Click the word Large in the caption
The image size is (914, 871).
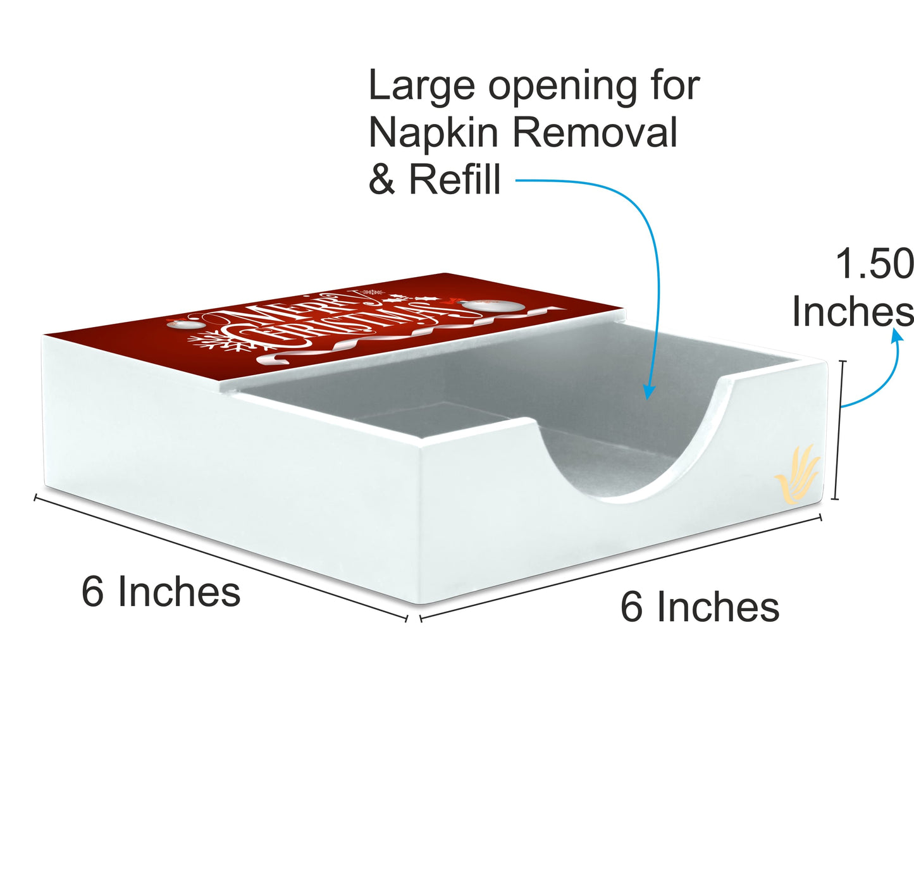[x=422, y=87]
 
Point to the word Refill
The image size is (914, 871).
[x=455, y=180]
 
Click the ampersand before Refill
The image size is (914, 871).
[x=381, y=180]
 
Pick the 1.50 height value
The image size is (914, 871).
[x=875, y=264]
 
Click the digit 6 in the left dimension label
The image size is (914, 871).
[x=92, y=591]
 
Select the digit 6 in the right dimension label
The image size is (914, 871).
[x=631, y=607]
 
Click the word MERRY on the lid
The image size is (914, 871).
[x=297, y=312]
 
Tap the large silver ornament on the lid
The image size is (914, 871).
[x=493, y=305]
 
